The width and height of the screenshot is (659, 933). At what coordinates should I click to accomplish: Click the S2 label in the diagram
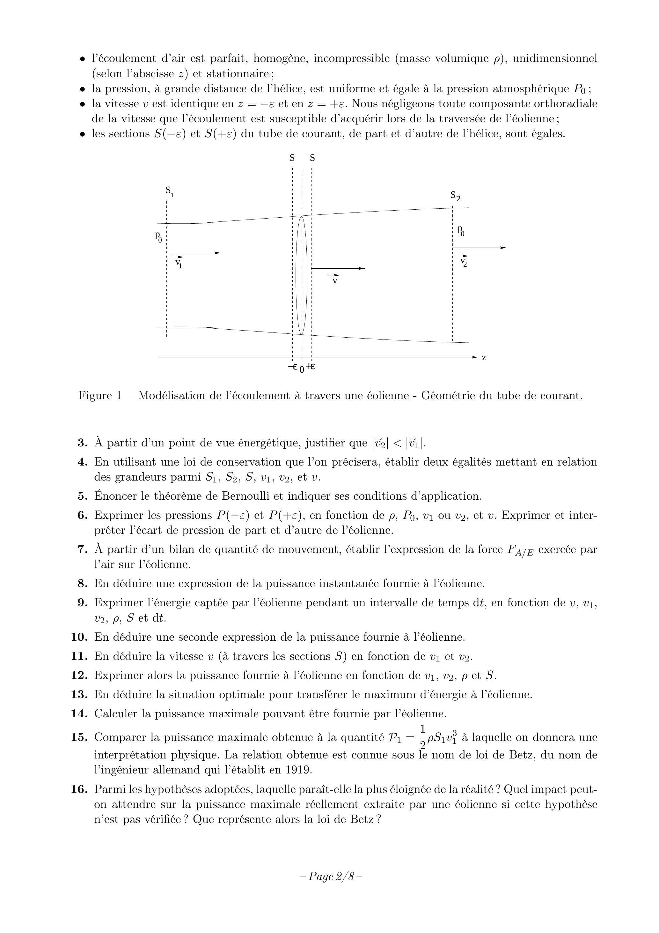point(455,196)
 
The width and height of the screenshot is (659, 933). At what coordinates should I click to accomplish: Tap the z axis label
point(484,358)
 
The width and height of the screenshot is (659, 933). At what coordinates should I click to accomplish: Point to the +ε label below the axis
point(311,367)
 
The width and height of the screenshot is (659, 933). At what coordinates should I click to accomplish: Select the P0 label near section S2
point(461,231)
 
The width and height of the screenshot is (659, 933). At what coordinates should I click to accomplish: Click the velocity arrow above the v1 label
point(193,253)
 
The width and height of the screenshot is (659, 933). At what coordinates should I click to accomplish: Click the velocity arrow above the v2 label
point(479,248)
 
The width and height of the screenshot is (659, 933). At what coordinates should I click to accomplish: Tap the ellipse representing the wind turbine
point(301,275)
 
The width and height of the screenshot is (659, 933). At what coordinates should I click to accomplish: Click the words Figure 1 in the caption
point(100,395)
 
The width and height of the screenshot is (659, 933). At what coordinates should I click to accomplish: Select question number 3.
point(83,443)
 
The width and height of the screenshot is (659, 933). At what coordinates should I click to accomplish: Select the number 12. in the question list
point(80,675)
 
